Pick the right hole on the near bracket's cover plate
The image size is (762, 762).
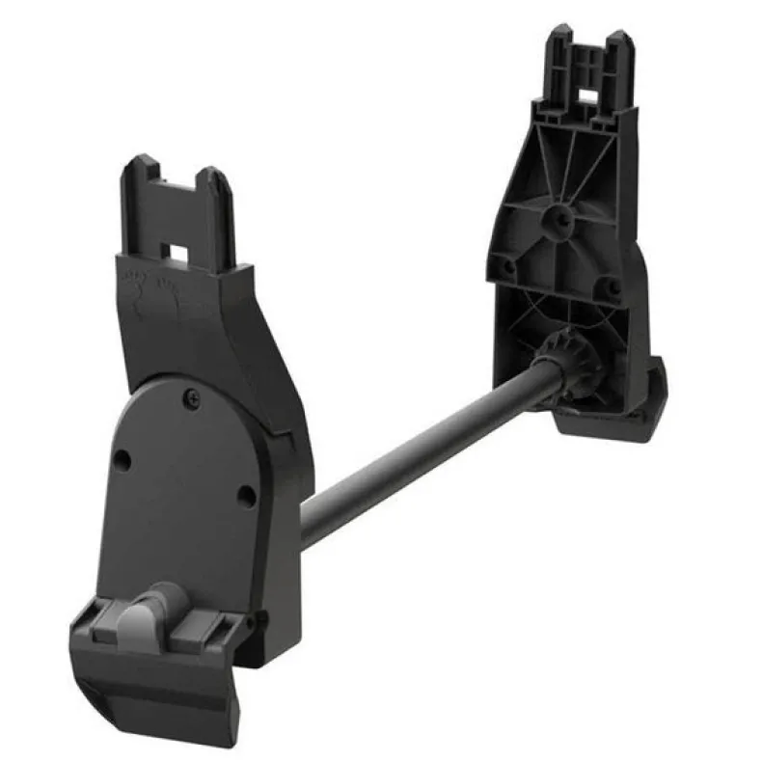(247, 497)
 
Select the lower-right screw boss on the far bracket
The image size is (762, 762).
(612, 287)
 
